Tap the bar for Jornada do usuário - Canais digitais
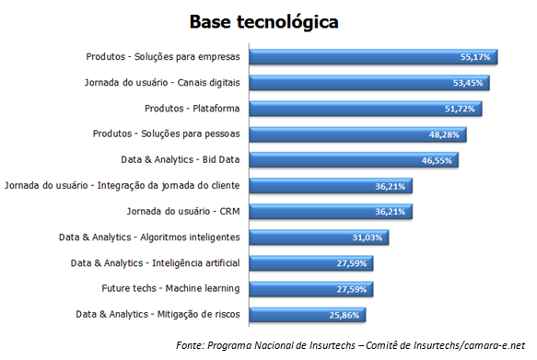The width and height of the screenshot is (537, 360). point(368,82)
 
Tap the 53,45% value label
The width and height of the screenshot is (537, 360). point(470,83)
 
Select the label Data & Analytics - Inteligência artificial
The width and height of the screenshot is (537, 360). point(156,262)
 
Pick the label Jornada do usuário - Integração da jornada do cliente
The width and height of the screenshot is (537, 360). point(123,185)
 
